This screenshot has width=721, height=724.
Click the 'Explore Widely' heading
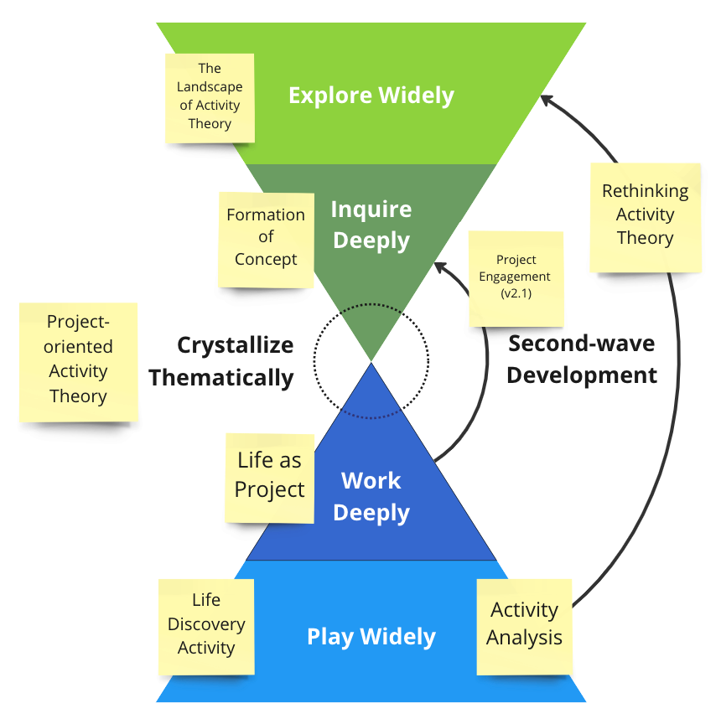pos(371,96)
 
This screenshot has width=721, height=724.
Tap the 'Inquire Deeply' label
pos(371,225)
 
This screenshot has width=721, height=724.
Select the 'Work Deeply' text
pos(371,497)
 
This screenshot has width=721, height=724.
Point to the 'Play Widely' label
pos(371,636)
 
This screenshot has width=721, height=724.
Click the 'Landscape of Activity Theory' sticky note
pos(210,98)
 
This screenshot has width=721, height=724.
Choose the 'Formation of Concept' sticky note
pos(266,240)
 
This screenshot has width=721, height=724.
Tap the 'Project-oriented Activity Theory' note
pos(79,362)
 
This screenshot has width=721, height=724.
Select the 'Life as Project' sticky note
pos(270,478)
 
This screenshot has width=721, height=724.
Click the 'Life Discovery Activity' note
pos(206,627)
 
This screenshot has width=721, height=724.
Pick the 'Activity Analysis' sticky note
pos(524,627)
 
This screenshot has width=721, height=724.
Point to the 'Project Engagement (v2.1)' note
pos(516,279)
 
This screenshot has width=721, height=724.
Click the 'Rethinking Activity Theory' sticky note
pos(646,218)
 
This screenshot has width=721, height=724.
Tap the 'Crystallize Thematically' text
pos(221,361)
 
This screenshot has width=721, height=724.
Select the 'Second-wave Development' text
pos(582,359)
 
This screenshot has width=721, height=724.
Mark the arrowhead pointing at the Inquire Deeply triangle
pos(441,268)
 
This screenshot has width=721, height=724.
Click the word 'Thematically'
pos(221,378)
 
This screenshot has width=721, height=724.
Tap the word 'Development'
pos(582,375)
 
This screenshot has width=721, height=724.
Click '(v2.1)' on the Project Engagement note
pos(516,293)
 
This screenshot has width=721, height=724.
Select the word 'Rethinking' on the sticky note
pos(646,191)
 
